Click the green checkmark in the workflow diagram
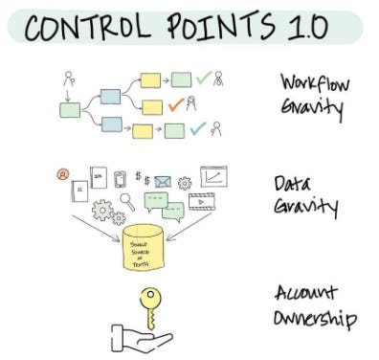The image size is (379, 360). [x=202, y=80]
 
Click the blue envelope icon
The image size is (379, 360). [x=163, y=180]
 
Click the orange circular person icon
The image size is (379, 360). [x=63, y=174]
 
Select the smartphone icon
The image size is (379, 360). [x=121, y=178]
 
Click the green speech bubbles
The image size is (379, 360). [x=158, y=204]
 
